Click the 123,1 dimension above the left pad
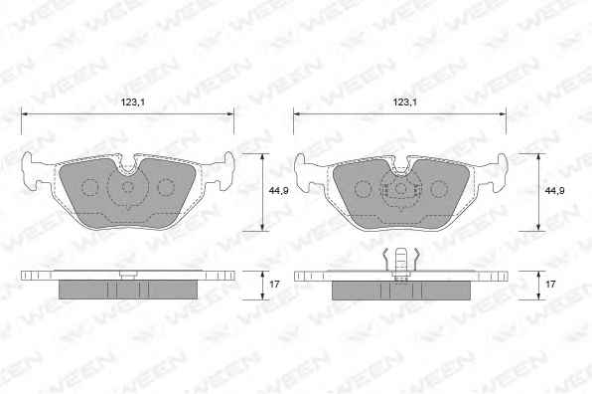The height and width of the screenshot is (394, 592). (133, 102)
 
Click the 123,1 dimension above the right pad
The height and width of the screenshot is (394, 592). (405, 102)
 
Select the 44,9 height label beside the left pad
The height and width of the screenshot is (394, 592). (279, 191)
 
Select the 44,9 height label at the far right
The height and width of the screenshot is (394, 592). (554, 191)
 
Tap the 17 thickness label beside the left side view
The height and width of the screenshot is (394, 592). (274, 284)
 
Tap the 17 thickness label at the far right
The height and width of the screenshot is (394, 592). (550, 284)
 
